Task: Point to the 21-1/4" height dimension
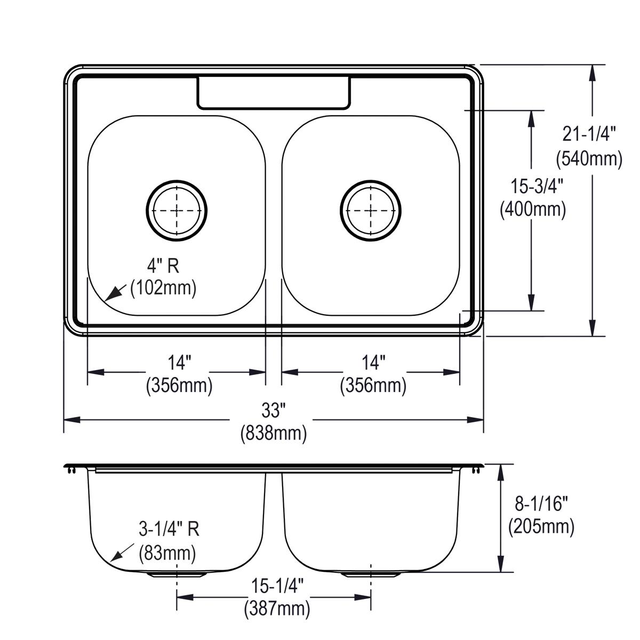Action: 589,134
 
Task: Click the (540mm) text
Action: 589,158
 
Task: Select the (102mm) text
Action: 164,288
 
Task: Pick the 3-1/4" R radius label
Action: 169,529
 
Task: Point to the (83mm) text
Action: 167,552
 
